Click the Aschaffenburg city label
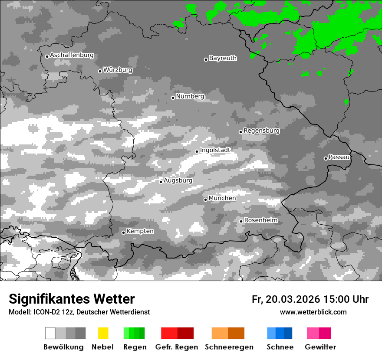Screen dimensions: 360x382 tap(72, 55)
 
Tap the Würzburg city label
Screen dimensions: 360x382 tap(118, 70)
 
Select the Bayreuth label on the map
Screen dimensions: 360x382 tap(223, 58)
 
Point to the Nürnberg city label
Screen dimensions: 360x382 tap(190, 96)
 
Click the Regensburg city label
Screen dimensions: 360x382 tap(261, 131)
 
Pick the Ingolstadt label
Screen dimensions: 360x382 tap(215, 150)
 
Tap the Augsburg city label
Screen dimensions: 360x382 tap(178, 180)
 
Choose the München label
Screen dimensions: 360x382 tap(222, 198)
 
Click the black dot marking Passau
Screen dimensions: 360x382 tap(326, 158)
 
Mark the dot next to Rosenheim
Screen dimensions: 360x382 tap(241, 221)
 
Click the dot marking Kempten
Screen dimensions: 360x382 tap(123, 232)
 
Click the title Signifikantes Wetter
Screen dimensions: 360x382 tap(72, 299)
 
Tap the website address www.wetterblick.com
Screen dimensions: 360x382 tap(313, 312)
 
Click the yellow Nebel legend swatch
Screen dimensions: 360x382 tap(103, 333)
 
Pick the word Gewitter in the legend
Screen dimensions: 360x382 tap(320, 347)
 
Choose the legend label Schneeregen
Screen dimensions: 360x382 tap(229, 347)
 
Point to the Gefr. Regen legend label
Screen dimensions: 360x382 tap(176, 347)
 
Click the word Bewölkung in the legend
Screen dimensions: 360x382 tap(63, 347)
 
